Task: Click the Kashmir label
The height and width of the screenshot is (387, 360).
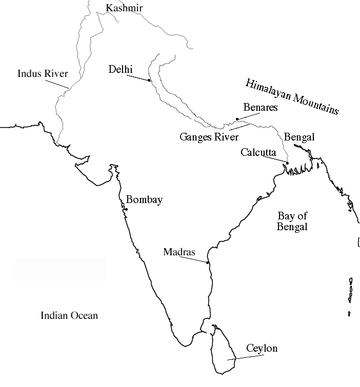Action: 124,8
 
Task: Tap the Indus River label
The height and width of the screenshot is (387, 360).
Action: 39,73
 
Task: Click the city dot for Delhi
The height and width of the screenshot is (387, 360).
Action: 149,80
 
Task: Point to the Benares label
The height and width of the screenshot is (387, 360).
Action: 261,108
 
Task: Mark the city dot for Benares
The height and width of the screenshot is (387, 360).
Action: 237,119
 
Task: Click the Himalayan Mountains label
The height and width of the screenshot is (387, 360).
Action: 292,96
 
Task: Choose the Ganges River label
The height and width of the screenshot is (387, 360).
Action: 209,137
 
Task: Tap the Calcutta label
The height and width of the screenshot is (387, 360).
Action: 258,152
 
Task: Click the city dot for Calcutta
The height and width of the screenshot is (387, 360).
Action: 287,164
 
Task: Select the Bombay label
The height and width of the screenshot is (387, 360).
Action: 144,200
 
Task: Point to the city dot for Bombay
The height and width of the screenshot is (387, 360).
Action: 126,209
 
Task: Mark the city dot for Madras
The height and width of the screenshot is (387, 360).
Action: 208,263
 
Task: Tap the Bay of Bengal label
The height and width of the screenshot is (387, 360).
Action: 292,221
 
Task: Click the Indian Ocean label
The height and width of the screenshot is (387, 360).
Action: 69,315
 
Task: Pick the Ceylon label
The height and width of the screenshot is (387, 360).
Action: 262,349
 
